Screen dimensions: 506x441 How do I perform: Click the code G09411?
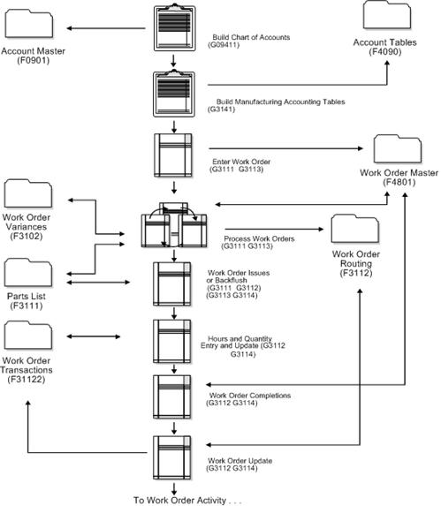click(230, 47)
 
